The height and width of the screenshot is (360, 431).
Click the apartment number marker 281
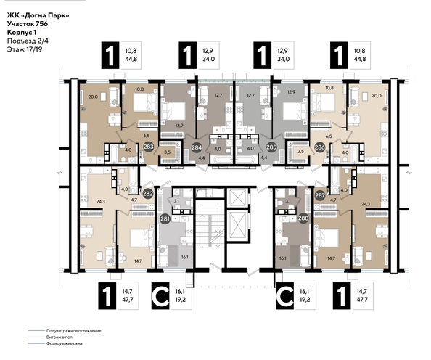click(165, 220)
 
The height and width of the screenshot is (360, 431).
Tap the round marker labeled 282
click(148, 194)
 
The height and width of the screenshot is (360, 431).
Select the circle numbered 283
click(148, 147)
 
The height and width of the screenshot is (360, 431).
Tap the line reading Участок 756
click(33, 25)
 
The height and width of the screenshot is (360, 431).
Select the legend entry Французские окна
click(63, 345)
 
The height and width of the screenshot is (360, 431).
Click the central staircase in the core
click(210, 225)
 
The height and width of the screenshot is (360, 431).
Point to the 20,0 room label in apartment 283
click(92, 96)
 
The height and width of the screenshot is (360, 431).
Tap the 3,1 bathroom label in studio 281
click(175, 201)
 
